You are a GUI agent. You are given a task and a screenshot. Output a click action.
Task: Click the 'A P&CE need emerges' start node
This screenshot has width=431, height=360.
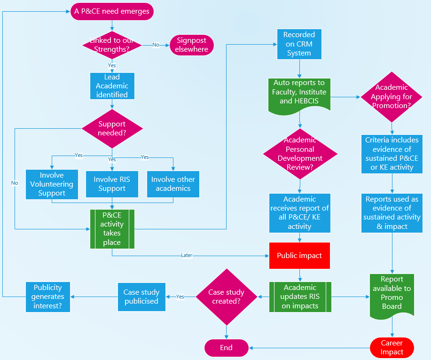coord(112,11)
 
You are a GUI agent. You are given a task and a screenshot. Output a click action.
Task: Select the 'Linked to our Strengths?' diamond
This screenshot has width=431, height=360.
coord(112,45)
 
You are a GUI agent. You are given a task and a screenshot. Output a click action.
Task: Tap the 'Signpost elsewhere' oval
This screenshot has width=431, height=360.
coord(192,45)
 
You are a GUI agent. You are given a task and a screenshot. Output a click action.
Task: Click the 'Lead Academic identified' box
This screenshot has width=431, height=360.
coord(112,86)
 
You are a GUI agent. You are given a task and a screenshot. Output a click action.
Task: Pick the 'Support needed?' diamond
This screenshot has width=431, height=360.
coord(112,128)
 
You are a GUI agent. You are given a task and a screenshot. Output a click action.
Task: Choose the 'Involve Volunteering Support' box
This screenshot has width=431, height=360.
coord(52,184)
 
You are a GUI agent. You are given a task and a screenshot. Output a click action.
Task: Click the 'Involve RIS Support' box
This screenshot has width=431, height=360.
coord(112,184)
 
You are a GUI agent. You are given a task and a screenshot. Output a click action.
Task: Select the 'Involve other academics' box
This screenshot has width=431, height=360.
coord(173,184)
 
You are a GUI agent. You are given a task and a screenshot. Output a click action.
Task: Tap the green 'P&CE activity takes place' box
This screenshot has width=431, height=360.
coord(112,229)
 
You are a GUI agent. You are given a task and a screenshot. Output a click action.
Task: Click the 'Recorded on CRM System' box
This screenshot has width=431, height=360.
coord(299,44)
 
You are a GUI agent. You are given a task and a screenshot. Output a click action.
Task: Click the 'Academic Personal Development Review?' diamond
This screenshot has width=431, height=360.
coord(300,153)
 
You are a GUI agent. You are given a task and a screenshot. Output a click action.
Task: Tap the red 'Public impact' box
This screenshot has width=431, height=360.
coord(299,256)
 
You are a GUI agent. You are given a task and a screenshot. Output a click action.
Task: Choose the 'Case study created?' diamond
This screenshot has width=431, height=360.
coord(226,297)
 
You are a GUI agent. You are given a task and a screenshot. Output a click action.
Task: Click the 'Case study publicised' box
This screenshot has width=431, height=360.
coord(141,297)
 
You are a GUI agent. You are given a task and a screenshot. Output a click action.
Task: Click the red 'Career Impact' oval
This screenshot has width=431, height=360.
coord(392,348)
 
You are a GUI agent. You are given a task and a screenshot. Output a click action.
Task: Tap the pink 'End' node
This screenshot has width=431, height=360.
coord(226,348)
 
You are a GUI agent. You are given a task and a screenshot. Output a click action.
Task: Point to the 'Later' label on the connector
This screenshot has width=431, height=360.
coord(187,256)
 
